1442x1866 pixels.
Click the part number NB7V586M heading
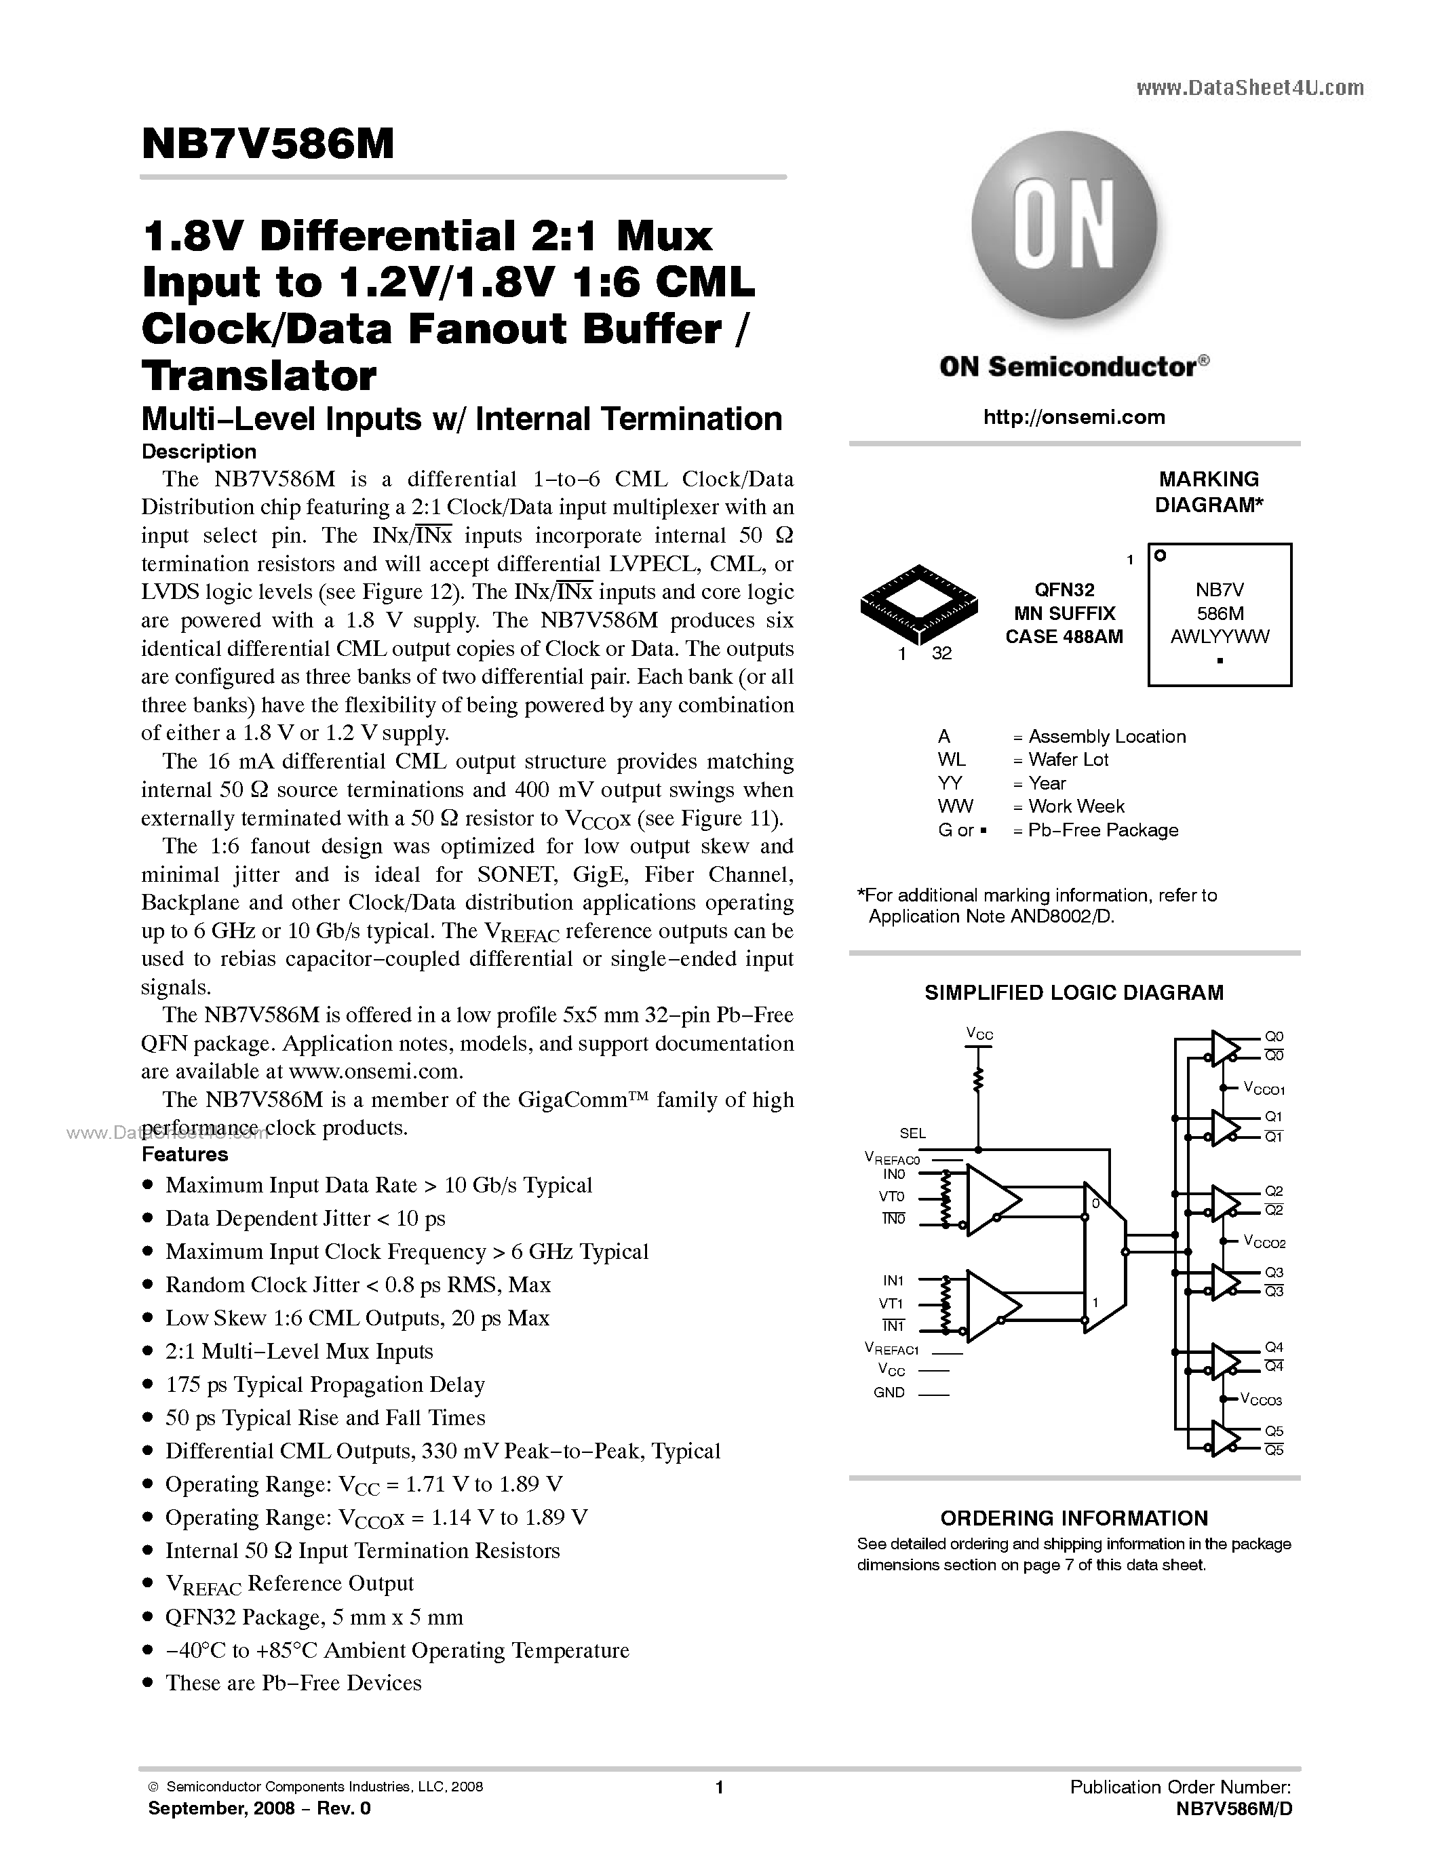pos(268,145)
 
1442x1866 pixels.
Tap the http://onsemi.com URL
pos(1074,417)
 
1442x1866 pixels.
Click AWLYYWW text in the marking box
pos(1220,636)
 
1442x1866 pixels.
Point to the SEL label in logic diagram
pos(912,1133)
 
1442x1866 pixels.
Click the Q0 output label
pos(1274,1036)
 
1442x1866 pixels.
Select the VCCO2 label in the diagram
pos(1264,1242)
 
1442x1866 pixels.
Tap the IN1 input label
pos(893,1281)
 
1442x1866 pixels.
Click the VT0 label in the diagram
pos(892,1197)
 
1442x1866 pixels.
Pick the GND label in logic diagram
pos(889,1393)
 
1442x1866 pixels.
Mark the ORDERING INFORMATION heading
pos(1074,1518)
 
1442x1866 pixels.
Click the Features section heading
pos(184,1154)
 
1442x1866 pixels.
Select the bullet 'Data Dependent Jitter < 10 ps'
pos(305,1218)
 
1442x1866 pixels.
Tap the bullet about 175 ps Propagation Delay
pos(325,1384)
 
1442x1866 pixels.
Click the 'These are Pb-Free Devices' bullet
pos(293,1683)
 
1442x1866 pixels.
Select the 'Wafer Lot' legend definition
pos(1068,760)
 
